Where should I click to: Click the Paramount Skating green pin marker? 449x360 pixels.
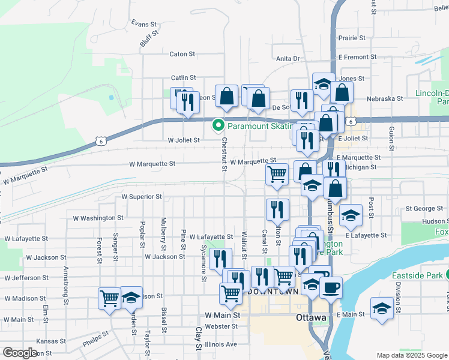[217, 125]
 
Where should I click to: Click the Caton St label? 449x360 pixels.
[182, 54]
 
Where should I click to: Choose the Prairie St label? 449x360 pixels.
[352, 38]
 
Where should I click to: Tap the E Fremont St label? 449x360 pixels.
[357, 57]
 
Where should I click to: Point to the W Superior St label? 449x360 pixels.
[142, 196]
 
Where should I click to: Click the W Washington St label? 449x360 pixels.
[97, 218]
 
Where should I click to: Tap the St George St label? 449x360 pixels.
[424, 209]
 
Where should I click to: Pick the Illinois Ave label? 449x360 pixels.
[221, 344]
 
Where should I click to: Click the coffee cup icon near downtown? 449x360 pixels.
[330, 287]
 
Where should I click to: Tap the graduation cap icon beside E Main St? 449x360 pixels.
[382, 308]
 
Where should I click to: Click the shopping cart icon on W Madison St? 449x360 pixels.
[110, 298]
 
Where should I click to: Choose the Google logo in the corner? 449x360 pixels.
[20, 353]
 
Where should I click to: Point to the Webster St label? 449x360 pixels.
[221, 326]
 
